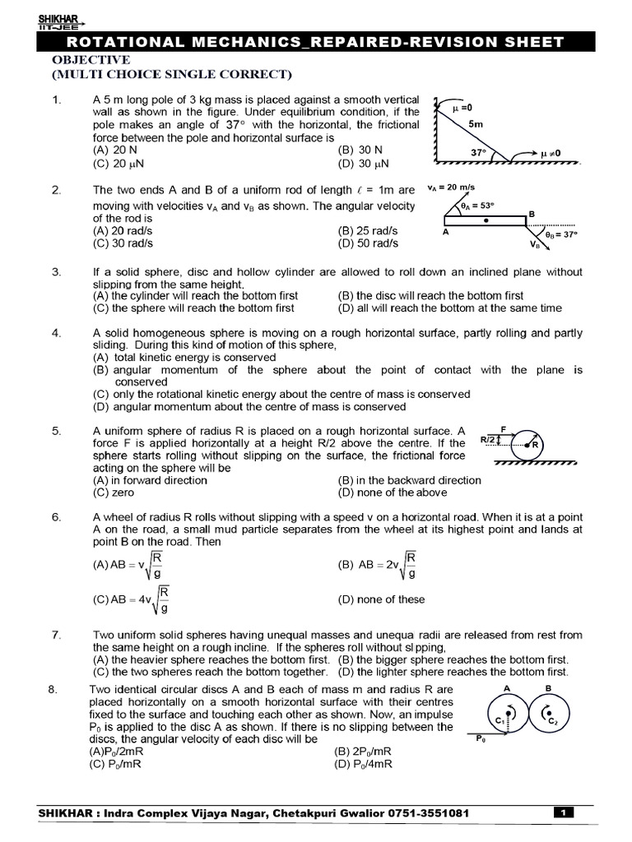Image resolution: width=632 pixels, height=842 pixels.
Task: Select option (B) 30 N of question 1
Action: coord(361,150)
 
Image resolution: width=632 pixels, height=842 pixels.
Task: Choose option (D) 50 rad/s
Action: coord(368,243)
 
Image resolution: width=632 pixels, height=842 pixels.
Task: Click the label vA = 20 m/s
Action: coord(457,188)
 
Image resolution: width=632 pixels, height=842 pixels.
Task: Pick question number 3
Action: coord(56,271)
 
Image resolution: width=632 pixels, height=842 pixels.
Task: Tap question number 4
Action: coord(56,333)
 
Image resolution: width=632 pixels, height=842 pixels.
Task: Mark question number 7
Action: coord(56,635)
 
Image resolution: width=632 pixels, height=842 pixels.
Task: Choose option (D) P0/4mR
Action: coord(363,764)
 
